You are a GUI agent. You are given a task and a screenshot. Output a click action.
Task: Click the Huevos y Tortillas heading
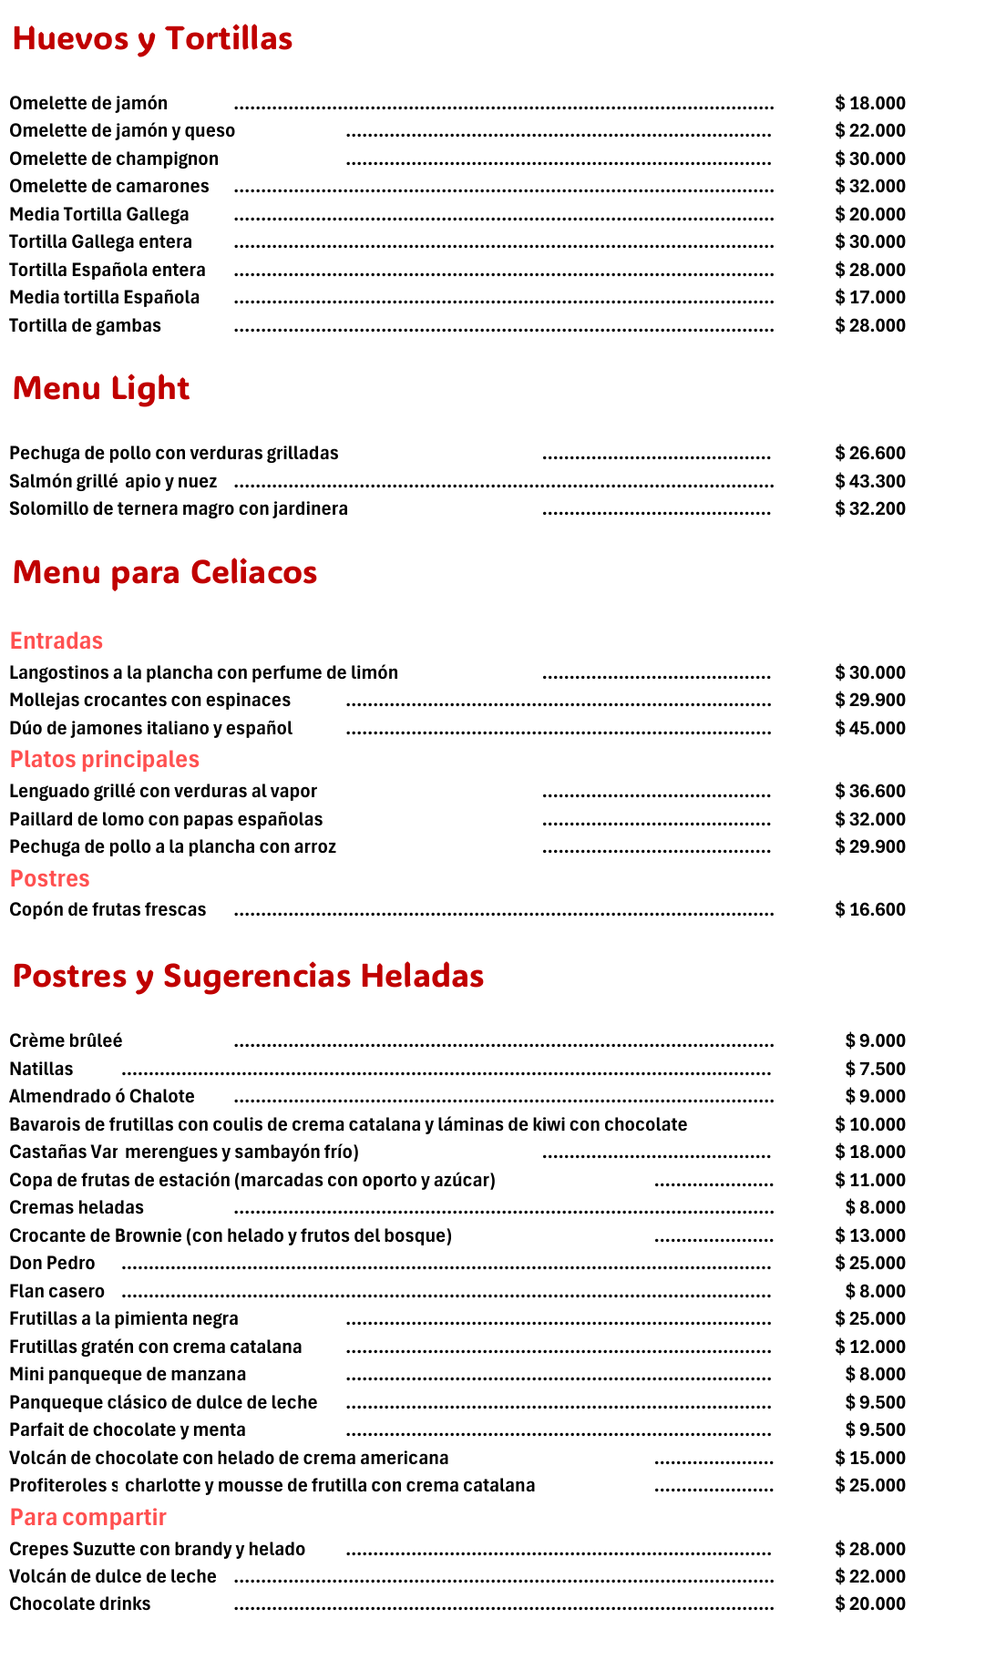coord(152,39)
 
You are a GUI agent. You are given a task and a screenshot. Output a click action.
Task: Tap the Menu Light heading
coord(101,389)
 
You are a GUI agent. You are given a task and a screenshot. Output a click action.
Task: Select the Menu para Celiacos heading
coord(165,573)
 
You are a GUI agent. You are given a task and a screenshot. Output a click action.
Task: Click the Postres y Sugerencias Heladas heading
coord(248,976)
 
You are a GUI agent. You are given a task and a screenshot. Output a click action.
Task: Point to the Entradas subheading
coord(56,641)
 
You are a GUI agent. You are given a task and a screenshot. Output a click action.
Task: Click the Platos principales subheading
coord(105,760)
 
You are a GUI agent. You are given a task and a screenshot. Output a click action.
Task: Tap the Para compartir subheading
coord(88,1517)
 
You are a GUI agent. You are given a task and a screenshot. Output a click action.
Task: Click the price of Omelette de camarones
coord(870,187)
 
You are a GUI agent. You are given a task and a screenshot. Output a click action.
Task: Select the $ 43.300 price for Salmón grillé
coord(870,482)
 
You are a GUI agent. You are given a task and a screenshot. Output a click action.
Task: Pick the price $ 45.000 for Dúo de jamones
coord(870,729)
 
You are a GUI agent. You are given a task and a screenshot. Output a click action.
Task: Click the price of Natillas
coord(875,1070)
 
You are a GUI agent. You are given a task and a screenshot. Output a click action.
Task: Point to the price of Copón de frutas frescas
coord(870,910)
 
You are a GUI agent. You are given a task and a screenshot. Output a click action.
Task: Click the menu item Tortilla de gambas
coord(86,326)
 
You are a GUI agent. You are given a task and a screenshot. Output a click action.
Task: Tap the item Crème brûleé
coord(67,1041)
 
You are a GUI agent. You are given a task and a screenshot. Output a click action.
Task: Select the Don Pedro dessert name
coord(53,1264)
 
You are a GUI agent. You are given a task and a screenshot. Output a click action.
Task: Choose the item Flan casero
coord(57,1292)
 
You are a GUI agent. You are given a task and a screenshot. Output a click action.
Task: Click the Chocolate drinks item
coord(80,1604)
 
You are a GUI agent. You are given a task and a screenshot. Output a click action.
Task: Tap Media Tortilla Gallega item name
coord(99,215)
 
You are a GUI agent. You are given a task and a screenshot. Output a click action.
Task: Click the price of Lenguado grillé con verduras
coord(870,792)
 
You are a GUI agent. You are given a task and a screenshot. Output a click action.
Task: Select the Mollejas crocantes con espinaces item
coord(150,701)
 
